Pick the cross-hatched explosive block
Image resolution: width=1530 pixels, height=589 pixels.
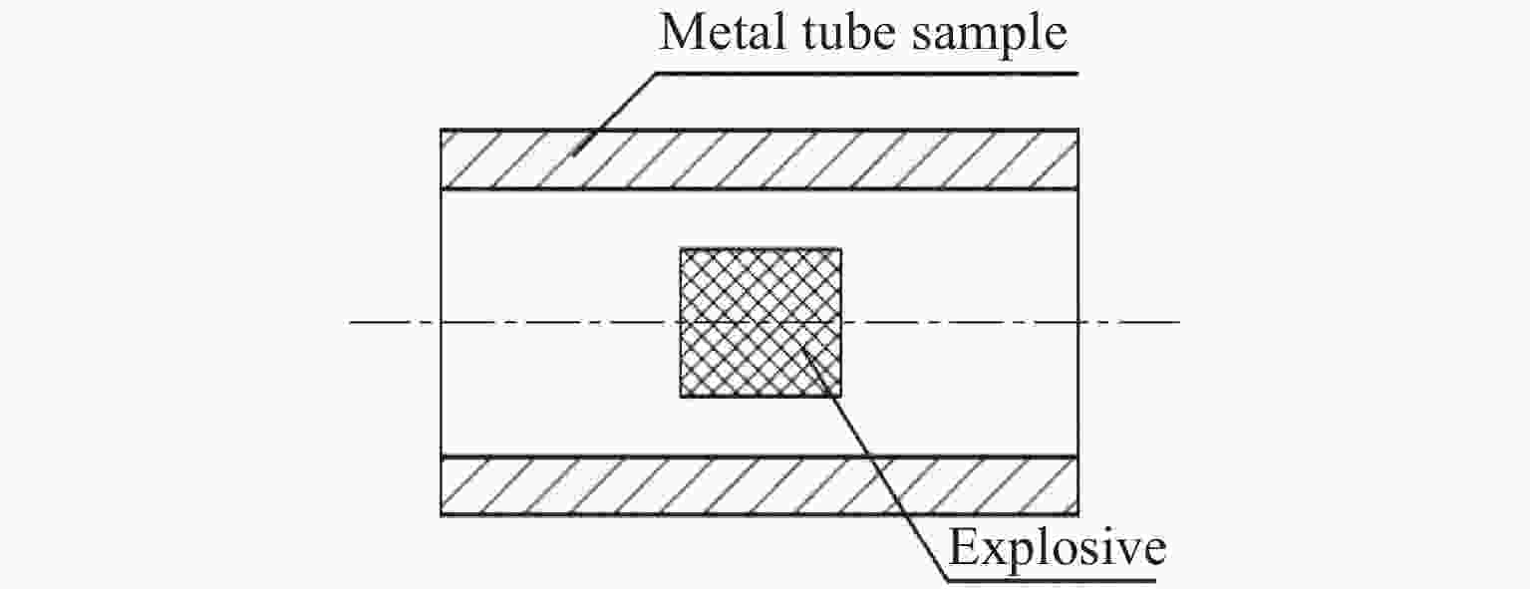tap(761, 322)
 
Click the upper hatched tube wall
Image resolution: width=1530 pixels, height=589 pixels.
tap(759, 159)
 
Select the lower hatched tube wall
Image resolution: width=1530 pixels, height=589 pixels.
tap(759, 486)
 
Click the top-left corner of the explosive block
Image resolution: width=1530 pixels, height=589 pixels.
tap(681, 249)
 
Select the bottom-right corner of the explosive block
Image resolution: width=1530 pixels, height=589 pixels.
tap(840, 397)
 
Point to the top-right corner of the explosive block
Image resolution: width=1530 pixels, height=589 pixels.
tap(840, 249)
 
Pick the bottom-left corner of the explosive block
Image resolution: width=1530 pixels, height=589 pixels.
tap(681, 397)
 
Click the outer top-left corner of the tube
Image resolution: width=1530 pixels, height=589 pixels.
tap(441, 130)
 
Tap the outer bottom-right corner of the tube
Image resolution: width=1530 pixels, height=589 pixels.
tap(1077, 515)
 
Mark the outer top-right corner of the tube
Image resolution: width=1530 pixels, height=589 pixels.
tap(1077, 130)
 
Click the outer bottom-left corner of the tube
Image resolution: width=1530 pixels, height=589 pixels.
tap(441, 515)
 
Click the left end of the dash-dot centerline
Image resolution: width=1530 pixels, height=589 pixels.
tap(352, 322)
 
